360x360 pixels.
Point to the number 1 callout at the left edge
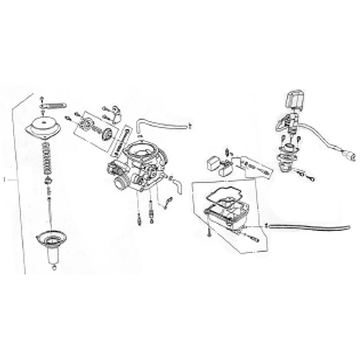click(5, 176)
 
